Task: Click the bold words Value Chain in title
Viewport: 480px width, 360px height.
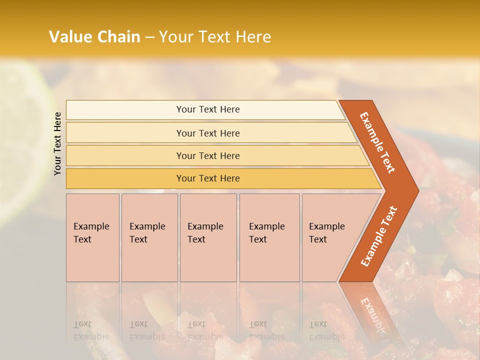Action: [94, 36]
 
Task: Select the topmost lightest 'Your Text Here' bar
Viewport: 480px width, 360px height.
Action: [208, 109]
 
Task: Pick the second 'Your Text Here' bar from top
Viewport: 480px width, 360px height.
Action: [208, 133]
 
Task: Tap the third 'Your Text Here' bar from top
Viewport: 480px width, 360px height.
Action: [208, 155]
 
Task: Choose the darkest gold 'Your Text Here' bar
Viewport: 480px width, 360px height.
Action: [208, 178]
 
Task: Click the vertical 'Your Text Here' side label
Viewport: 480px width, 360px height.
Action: [57, 143]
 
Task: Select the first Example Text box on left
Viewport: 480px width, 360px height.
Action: [92, 237]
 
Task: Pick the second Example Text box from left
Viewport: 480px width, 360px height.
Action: [149, 237]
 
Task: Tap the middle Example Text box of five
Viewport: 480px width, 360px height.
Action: [208, 237]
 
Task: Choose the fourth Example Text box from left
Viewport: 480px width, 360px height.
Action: [269, 237]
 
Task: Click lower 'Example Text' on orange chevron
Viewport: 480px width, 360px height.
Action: [379, 236]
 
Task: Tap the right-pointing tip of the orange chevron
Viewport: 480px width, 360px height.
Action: [415, 191]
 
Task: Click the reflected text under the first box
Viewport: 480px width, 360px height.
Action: [91, 330]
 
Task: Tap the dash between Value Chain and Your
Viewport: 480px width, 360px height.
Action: [149, 37]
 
